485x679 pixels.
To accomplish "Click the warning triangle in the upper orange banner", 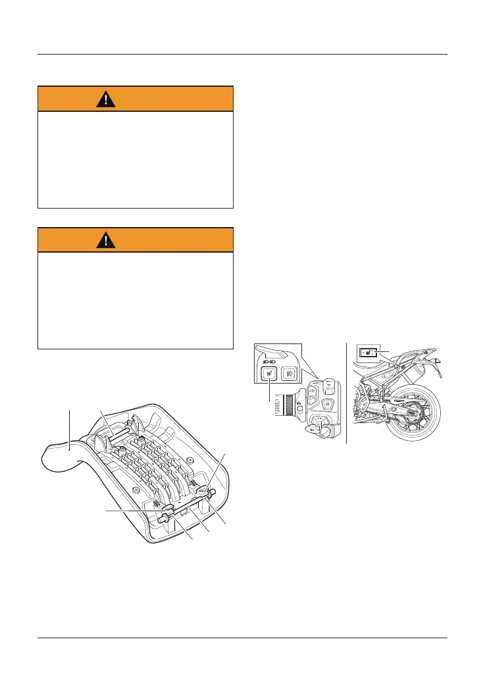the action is tap(105, 99).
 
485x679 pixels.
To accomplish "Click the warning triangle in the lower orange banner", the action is tap(105, 240).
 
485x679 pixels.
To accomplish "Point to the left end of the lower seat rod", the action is tap(161, 518).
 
